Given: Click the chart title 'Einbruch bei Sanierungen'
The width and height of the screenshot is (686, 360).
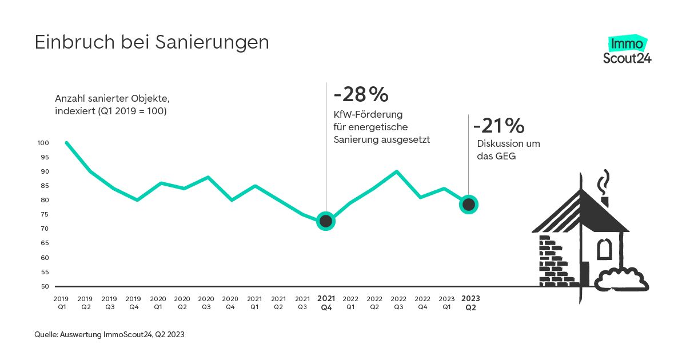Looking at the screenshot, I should [151, 43].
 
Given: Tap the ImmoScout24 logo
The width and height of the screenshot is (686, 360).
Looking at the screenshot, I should [627, 50].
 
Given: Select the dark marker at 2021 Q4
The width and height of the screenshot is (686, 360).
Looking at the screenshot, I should [326, 221].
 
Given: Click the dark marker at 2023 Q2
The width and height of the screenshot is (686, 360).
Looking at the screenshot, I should [469, 204].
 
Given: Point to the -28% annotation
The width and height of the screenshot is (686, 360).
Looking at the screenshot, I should [360, 93].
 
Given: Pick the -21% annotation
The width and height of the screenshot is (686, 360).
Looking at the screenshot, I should [498, 125].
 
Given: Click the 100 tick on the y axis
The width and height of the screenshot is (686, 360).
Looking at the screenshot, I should [43, 143].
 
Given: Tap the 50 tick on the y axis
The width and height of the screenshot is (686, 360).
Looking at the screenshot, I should [45, 286].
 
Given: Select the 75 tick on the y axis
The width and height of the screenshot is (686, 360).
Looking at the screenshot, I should [45, 215].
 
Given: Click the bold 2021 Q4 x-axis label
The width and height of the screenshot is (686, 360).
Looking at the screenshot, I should [326, 303].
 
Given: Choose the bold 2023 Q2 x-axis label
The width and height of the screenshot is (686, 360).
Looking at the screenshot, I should [470, 303].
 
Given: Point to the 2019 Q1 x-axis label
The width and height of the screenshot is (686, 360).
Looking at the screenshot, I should [61, 303].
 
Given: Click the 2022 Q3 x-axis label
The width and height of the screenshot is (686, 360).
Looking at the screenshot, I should [398, 303].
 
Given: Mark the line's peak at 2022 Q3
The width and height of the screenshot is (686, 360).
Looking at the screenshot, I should [397, 171].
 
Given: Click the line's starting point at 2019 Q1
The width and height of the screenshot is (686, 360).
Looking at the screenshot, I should [66, 143].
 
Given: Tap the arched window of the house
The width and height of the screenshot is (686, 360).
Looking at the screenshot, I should [604, 250].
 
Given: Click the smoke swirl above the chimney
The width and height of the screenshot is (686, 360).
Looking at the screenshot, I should [603, 182].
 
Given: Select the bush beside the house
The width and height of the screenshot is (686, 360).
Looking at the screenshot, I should [621, 279].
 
